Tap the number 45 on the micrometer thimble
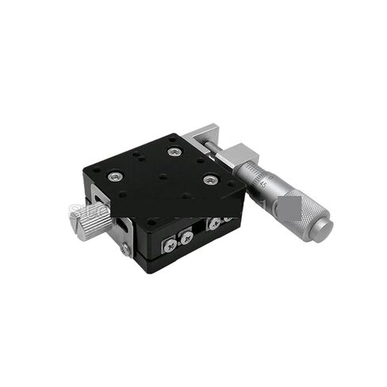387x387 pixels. click(262, 183)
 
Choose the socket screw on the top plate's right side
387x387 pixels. click(209, 180)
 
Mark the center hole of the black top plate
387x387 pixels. click(163, 176)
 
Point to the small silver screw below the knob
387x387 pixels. click(125, 248)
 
